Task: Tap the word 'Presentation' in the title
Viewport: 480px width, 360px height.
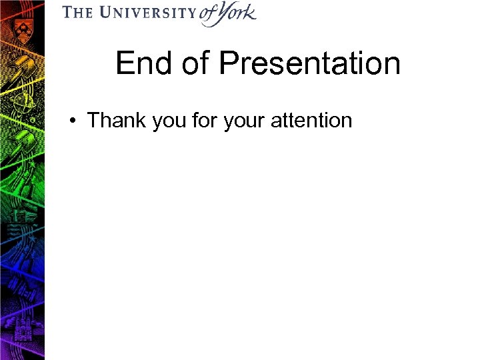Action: click(x=310, y=64)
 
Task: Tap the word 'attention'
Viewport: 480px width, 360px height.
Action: click(x=311, y=121)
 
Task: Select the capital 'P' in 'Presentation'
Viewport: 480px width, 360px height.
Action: click(x=229, y=64)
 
